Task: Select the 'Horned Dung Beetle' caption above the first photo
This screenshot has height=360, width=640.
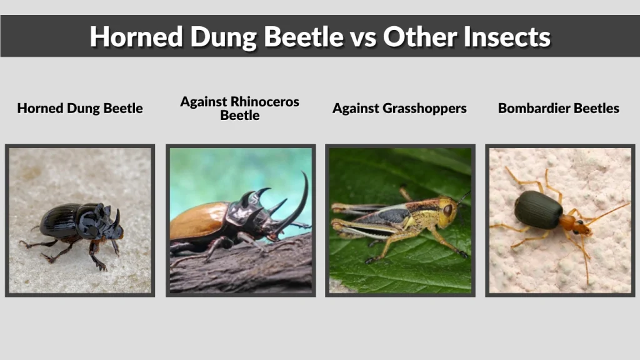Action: click(80, 108)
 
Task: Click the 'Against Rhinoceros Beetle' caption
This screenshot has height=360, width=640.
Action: click(240, 108)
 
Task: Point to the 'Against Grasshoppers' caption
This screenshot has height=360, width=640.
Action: click(399, 108)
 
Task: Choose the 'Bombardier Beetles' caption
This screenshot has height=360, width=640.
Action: click(559, 108)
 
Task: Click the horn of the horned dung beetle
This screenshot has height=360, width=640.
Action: click(116, 217)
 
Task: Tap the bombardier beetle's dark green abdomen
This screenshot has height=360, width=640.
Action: click(538, 210)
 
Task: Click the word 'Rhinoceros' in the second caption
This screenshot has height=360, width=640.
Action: click(265, 101)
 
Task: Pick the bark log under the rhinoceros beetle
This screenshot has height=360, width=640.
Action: click(250, 269)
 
